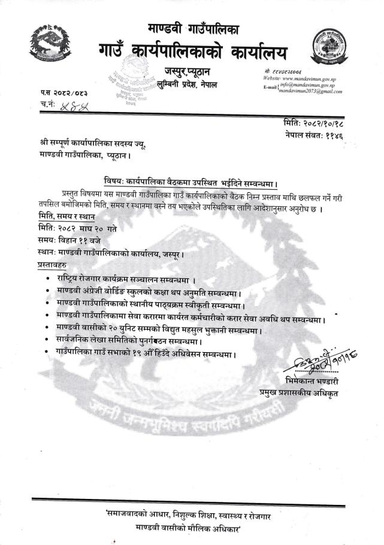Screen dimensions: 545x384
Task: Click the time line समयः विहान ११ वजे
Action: point(75,240)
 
